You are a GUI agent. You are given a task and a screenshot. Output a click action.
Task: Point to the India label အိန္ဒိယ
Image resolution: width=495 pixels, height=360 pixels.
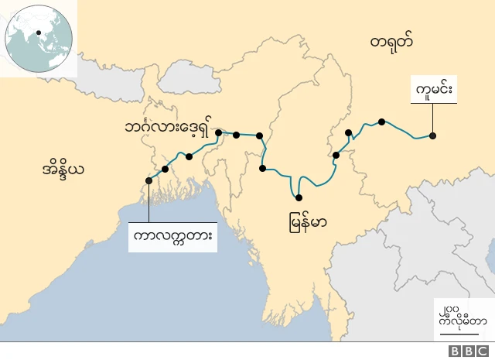pyautogui.click(x=64, y=168)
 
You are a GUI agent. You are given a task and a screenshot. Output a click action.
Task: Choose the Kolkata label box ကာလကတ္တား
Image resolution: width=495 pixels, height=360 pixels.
pyautogui.click(x=172, y=235)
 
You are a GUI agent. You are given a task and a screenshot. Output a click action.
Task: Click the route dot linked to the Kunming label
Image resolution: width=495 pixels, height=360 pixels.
pyautogui.click(x=433, y=136)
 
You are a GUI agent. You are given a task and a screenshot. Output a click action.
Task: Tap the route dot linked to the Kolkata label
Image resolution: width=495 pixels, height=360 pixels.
pyautogui.click(x=148, y=181)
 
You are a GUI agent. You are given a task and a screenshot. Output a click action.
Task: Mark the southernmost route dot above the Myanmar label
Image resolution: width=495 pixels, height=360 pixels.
pyautogui.click(x=299, y=197)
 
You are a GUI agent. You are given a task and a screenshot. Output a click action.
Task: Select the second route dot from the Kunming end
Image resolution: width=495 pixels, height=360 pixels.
pyautogui.click(x=381, y=122)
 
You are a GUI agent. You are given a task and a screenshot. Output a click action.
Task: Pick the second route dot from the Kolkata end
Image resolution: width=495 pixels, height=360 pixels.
pyautogui.click(x=165, y=169)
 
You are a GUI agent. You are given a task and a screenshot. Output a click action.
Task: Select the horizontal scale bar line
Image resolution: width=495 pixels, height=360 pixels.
pyautogui.click(x=461, y=335)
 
